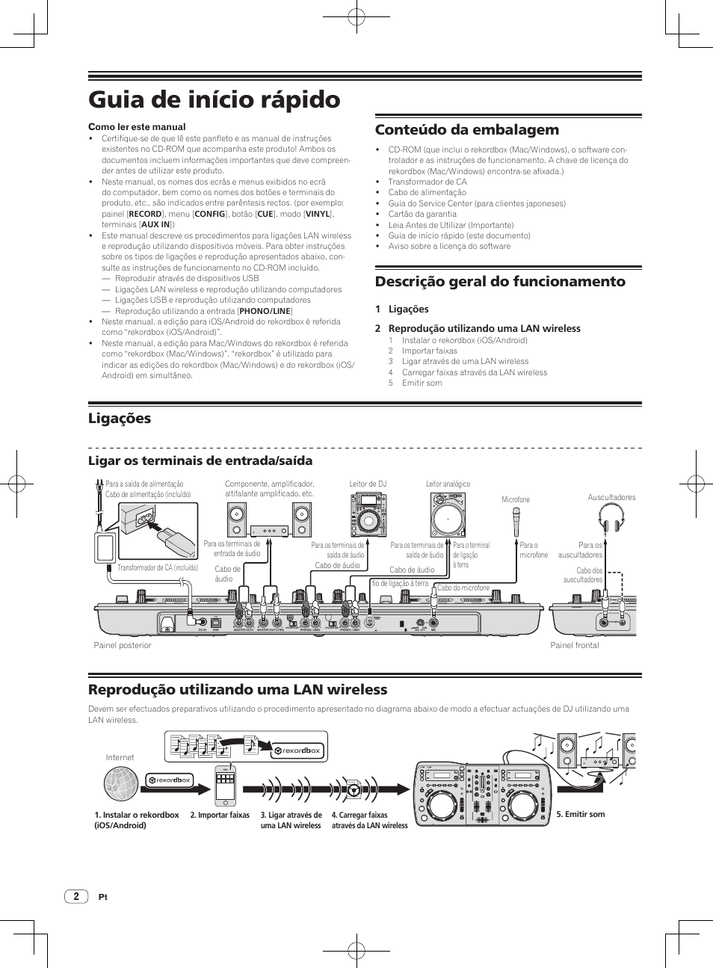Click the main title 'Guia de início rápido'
pyautogui.click(x=214, y=99)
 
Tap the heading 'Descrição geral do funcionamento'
pyautogui.click(x=500, y=281)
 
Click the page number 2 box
pyautogui.click(x=76, y=896)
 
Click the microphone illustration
pyautogui.click(x=516, y=521)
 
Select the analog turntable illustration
pyautogui.click(x=448, y=517)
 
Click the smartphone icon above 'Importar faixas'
pyautogui.click(x=225, y=786)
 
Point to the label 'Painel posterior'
pyautogui.click(x=122, y=645)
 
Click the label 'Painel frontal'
pyautogui.click(x=574, y=645)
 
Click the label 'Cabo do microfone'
pyautogui.click(x=463, y=588)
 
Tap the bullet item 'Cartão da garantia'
pyautogui.click(x=422, y=214)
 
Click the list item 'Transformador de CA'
pyautogui.click(x=427, y=182)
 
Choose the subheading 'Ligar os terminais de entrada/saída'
pyautogui.click(x=200, y=460)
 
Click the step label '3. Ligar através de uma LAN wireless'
pyautogui.click(x=291, y=820)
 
